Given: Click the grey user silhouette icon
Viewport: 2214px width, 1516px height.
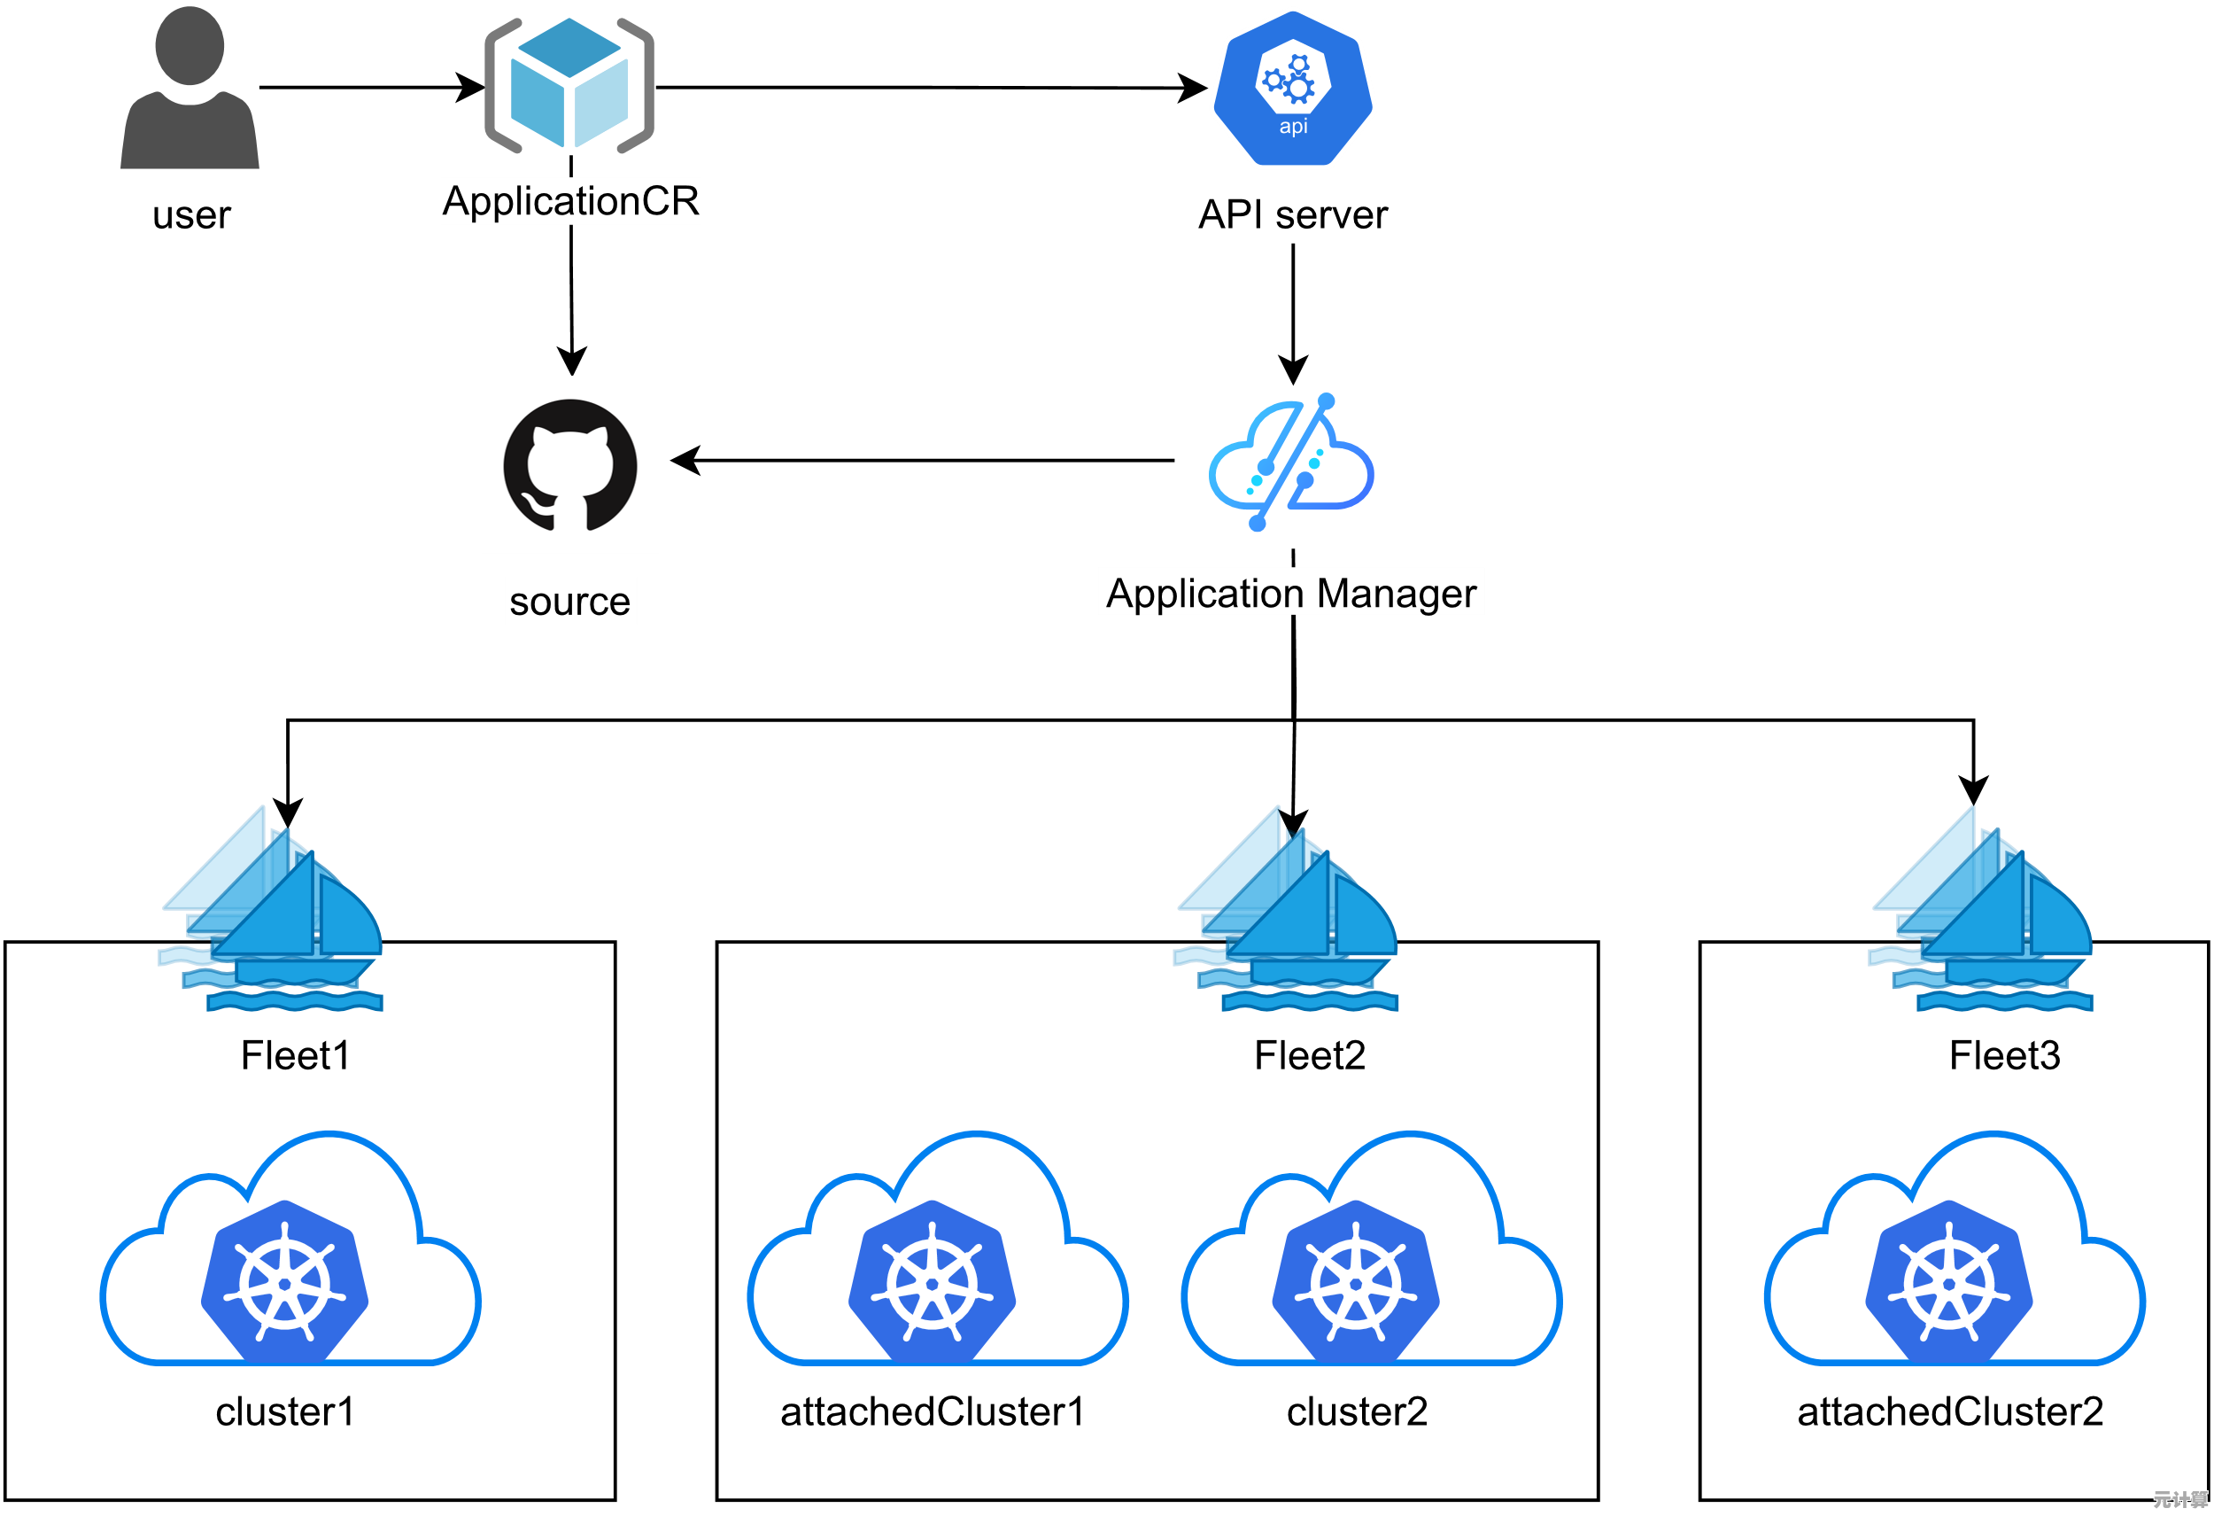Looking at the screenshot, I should click(x=190, y=90).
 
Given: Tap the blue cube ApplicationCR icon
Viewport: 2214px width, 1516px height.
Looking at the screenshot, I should click(x=569, y=86).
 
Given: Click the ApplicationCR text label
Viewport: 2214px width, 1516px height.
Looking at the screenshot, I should click(x=570, y=201).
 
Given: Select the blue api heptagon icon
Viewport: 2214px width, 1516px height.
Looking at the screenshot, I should click(x=1293, y=89).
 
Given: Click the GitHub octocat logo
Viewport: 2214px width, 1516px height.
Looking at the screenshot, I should click(x=569, y=464).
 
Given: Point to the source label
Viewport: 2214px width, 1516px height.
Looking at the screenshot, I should click(x=569, y=602).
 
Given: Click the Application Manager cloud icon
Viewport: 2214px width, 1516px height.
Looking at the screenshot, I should click(x=1291, y=463).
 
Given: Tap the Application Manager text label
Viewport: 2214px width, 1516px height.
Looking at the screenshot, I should click(x=1291, y=593).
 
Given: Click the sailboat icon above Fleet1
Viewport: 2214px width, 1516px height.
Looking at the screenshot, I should click(x=273, y=909).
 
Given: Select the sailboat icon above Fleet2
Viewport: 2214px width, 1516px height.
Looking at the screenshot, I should click(x=1287, y=909).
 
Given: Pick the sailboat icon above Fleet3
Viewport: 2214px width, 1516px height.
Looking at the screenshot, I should click(x=1982, y=909).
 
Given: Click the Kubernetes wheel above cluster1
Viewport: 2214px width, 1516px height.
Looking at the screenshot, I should click(x=285, y=1283).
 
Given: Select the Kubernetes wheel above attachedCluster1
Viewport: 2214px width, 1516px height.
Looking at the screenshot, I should click(x=932, y=1283).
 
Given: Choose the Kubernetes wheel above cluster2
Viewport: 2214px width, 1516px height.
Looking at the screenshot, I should click(x=1356, y=1283).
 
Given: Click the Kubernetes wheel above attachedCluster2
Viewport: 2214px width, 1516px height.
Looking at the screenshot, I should click(x=1949, y=1283).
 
